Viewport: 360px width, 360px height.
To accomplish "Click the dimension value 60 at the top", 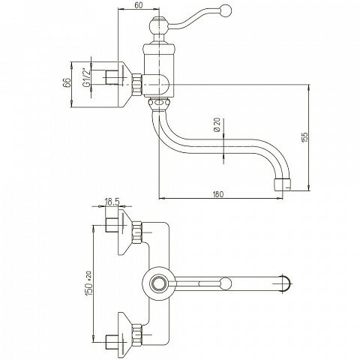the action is pyautogui.click(x=138, y=5).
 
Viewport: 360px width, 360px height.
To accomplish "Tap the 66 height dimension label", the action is pyautogui.click(x=67, y=82).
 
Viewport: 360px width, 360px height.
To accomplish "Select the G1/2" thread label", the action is pyautogui.click(x=86, y=77).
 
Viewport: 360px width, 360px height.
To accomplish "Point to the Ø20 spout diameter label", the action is pyautogui.click(x=217, y=124).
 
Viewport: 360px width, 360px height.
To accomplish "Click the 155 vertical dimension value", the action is pyautogui.click(x=304, y=137).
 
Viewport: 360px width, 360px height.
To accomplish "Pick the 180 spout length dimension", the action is pyautogui.click(x=218, y=194).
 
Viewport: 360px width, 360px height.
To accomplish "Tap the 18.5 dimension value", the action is pyautogui.click(x=112, y=202).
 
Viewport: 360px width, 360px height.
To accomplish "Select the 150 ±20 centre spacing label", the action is pyautogui.click(x=89, y=283).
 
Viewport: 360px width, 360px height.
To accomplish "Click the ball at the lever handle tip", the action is pyautogui.click(x=226, y=10).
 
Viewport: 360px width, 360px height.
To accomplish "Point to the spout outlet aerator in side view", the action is pyautogui.click(x=282, y=184).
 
